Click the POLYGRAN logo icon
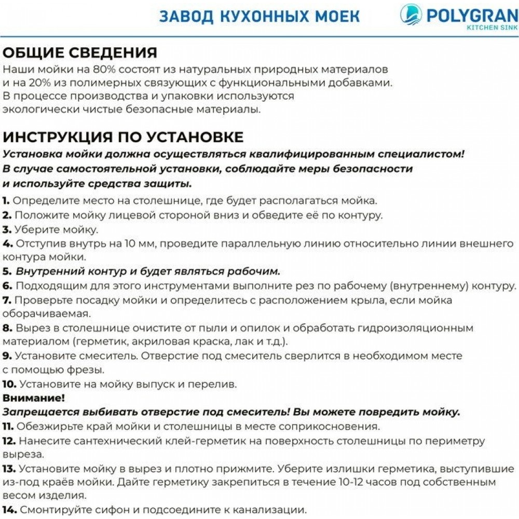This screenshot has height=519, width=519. click(412, 15)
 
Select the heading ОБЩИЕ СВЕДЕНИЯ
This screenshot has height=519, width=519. click(80, 53)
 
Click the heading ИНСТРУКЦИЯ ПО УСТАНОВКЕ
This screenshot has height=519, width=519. click(123, 137)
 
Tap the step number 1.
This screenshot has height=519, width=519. click(6, 201)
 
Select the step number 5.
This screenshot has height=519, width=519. click(7, 271)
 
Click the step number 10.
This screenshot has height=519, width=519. click(10, 385)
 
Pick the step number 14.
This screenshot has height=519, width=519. click(9, 509)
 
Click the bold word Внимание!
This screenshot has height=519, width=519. click(34, 399)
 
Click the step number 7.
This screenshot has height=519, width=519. click(7, 300)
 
